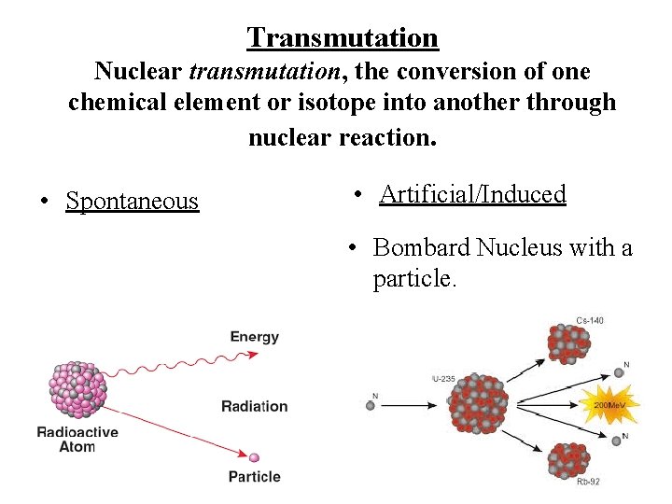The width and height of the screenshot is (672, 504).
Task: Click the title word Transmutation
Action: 343,38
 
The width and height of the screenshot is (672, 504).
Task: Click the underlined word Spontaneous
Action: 132,201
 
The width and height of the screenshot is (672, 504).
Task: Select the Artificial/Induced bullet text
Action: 472,194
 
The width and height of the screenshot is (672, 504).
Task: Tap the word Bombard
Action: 421,248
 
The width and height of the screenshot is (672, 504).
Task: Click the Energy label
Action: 254,337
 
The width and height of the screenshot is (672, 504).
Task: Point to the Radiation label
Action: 254,406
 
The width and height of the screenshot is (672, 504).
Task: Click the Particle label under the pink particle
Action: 254,476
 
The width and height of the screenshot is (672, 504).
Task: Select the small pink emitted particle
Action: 254,457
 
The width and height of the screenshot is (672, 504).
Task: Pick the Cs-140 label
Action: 589,320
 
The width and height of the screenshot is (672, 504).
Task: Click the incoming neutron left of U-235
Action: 371,405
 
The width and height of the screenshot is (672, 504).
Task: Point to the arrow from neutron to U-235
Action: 411,405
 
